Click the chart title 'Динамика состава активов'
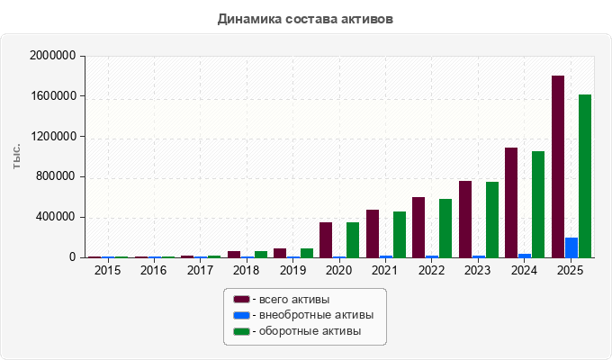[305, 19]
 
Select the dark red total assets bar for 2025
[558, 166]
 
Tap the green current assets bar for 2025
[585, 176]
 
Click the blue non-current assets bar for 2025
[571, 247]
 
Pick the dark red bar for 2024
[511, 202]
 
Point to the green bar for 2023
[492, 220]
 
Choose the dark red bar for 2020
[326, 240]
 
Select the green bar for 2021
[400, 235]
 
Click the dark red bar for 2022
[418, 227]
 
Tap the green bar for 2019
[307, 253]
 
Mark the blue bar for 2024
[525, 256]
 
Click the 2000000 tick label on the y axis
[53, 56]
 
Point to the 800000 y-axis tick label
[56, 176]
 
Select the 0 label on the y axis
[73, 256]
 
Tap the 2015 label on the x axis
[107, 270]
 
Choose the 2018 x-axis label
[246, 270]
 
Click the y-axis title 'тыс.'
[16, 157]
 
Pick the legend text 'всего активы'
[294, 300]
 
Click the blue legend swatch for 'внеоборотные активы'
[241, 315]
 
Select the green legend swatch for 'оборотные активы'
[241, 331]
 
